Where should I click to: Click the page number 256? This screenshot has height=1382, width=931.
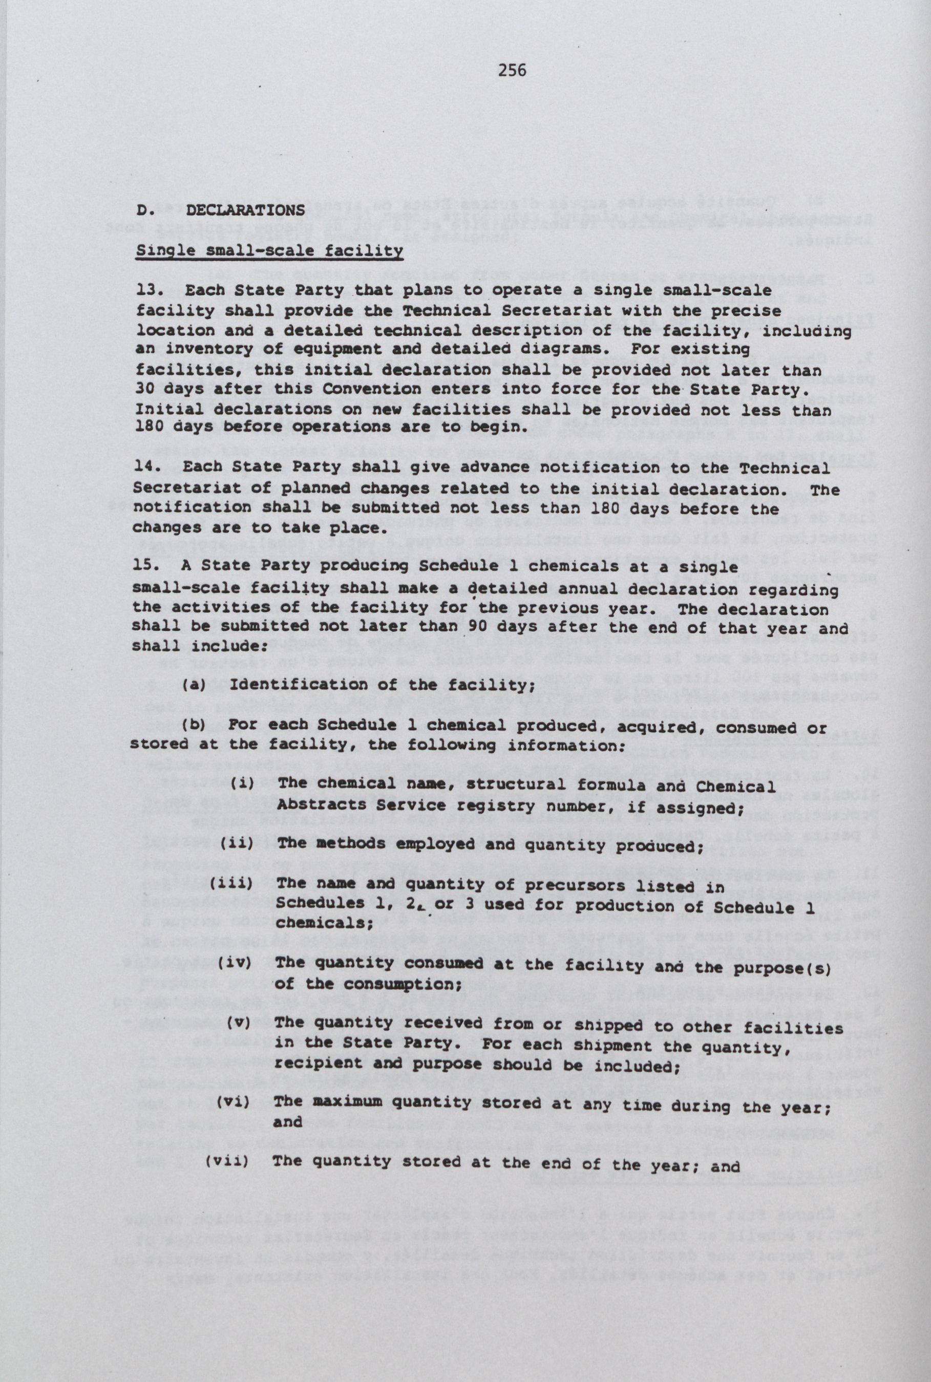pos(513,71)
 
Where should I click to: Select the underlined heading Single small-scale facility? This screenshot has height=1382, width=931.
pos(269,250)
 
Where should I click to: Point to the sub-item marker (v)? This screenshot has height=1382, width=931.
pos(240,1023)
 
